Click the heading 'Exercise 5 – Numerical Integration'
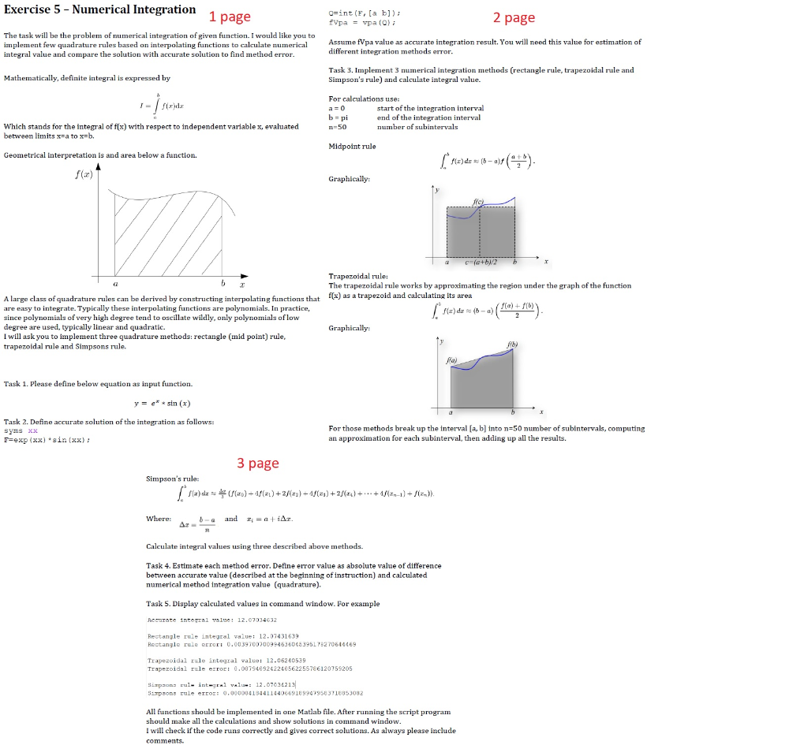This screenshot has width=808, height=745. [x=100, y=9]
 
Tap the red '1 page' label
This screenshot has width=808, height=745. [x=230, y=17]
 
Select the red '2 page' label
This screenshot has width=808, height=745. [x=514, y=17]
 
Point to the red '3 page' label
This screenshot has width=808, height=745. [x=258, y=463]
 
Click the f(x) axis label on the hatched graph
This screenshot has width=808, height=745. [x=82, y=175]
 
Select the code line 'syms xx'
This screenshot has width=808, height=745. [x=21, y=431]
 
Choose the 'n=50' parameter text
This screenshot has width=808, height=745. [x=337, y=126]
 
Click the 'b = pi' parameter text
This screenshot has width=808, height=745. [x=338, y=117]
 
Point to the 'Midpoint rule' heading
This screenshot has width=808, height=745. [x=352, y=146]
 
